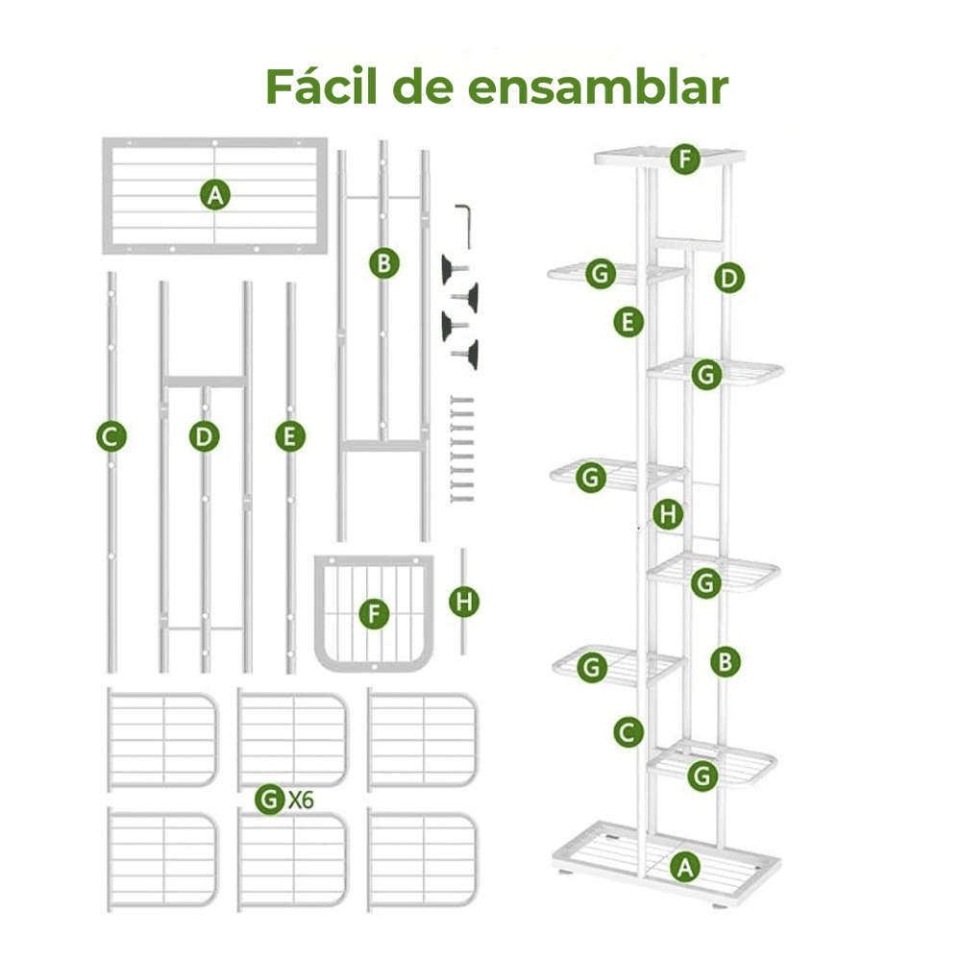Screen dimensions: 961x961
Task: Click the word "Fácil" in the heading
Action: [321, 86]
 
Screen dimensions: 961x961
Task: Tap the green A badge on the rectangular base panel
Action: [215, 195]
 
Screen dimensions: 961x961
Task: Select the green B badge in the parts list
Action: [384, 263]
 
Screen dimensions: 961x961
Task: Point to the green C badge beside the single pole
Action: [111, 437]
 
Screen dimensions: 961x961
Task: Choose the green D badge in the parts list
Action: [204, 437]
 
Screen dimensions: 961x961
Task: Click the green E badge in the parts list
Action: [290, 437]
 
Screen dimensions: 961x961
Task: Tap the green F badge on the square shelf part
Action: [374, 613]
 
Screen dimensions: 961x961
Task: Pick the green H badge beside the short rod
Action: [464, 602]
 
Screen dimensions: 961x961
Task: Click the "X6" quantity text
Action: [301, 800]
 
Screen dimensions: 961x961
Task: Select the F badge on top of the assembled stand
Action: [685, 160]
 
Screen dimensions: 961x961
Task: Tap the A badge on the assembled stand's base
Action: [684, 867]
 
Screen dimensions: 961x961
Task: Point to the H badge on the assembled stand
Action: [668, 514]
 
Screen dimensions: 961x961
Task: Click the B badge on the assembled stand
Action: [725, 662]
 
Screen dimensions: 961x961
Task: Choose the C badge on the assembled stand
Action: [628, 731]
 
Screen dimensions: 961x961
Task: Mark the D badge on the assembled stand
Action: [729, 279]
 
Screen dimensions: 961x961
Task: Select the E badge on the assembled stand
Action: [628, 322]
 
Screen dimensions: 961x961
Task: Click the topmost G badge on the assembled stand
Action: [601, 273]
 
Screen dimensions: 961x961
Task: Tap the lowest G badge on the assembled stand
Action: [702, 776]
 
